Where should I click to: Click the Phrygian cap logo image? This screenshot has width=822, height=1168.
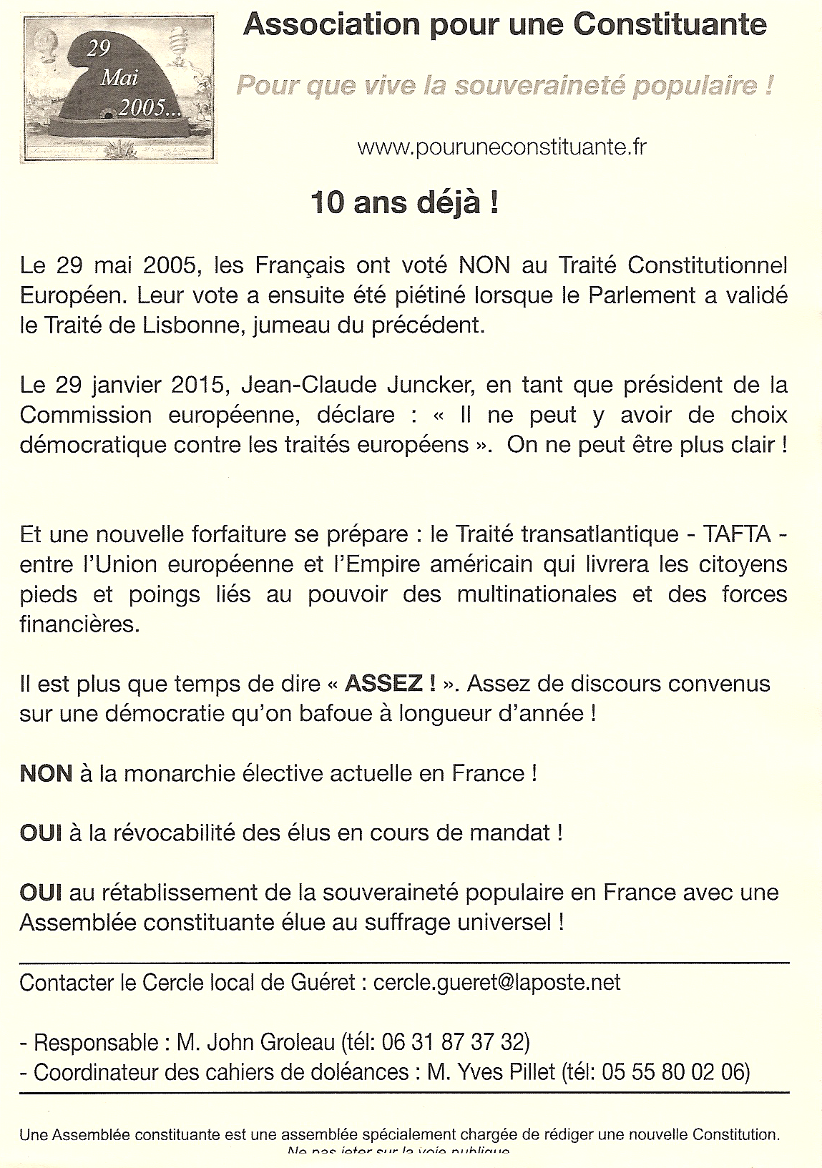coord(120,89)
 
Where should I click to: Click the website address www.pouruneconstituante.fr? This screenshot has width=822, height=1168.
coord(501,147)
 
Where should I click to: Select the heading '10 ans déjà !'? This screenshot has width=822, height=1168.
coord(404,203)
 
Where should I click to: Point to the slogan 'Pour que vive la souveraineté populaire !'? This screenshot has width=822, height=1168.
coord(504,86)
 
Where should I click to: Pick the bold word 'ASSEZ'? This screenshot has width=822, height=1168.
coord(383,683)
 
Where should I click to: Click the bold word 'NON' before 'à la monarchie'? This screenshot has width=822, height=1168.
coord(46,773)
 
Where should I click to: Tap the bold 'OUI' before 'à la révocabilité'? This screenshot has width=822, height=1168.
coord(40,833)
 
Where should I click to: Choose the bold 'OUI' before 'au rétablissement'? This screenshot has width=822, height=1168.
coord(40,893)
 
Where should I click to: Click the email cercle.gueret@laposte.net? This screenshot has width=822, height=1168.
coord(496,983)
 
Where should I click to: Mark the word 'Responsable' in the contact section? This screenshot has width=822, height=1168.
coord(97,1043)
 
